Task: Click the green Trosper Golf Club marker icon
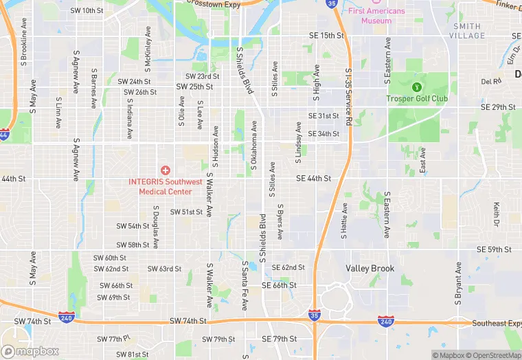tap(416, 87)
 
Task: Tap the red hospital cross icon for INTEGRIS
tap(165, 170)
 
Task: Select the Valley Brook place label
tap(370, 269)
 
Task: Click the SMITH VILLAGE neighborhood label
tap(468, 31)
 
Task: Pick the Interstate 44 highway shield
tap(5, 135)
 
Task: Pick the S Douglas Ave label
tap(156, 227)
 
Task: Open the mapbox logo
tap(31, 351)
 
